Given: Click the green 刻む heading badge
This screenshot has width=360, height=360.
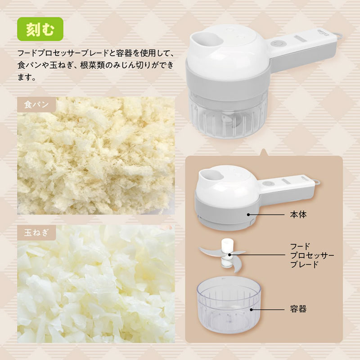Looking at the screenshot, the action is pos(40,29).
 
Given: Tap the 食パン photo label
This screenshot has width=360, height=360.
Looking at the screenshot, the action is pos(36,105).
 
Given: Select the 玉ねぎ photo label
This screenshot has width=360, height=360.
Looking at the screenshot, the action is pos(36,233).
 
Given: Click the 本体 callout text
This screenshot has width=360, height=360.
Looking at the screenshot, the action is pos(298,215).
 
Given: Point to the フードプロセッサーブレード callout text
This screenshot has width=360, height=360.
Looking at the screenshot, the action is pos(312,256).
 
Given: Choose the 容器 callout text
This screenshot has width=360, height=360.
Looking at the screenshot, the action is pos(298,309).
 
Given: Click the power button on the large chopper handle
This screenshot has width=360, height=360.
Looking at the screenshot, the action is pos(276,44).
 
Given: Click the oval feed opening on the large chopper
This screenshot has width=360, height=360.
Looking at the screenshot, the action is pos(208,39).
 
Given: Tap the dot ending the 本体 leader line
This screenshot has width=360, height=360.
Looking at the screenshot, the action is pos(248,215).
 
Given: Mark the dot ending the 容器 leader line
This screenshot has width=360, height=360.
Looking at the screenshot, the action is pos(252,310).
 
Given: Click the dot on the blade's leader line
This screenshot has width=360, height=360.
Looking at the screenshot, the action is pos(229,255).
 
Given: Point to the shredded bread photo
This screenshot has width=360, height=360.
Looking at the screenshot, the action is pos(96,156).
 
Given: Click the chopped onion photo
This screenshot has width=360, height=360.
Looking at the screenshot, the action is pos(96,284).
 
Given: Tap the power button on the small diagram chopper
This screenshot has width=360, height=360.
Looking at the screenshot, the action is pos(267,184).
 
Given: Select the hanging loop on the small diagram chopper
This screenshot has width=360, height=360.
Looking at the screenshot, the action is pos(317,182).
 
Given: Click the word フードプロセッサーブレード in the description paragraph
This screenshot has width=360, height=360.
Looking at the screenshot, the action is pos(63,53).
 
